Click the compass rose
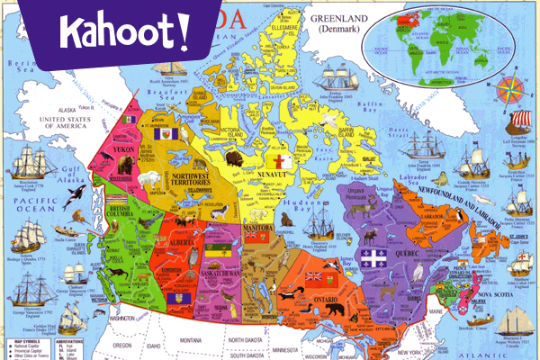(x=512, y=91)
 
